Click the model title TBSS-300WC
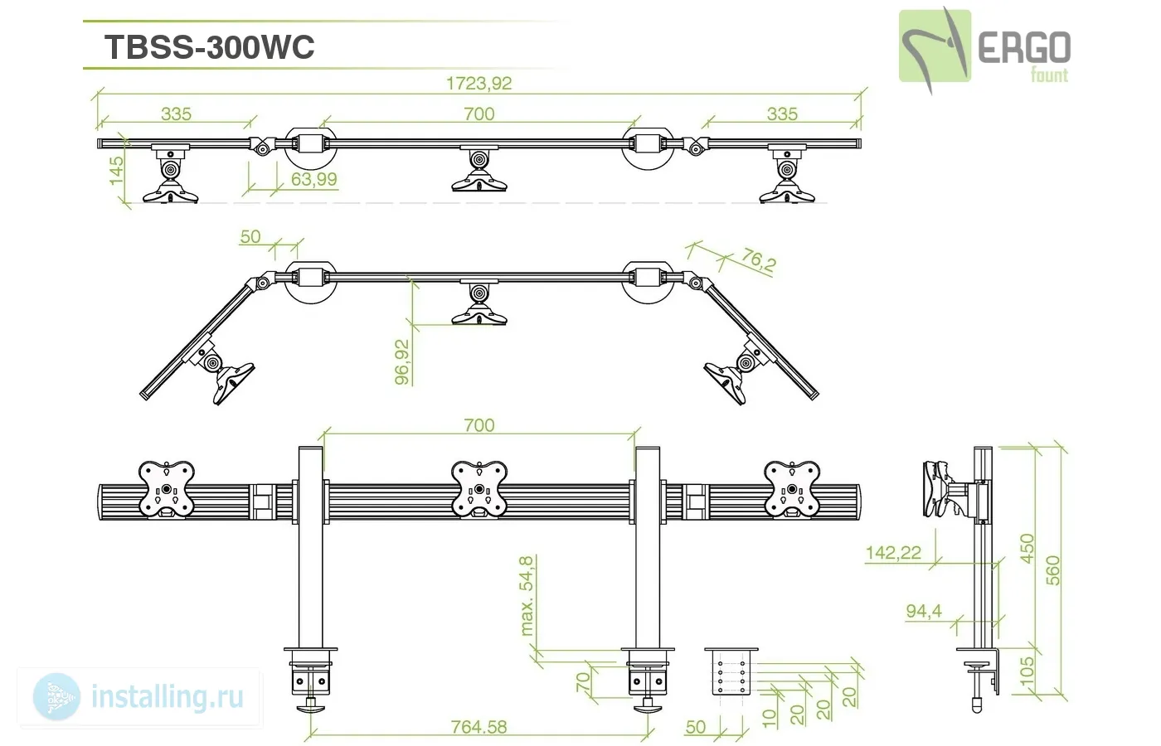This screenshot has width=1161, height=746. pyautogui.click(x=209, y=47)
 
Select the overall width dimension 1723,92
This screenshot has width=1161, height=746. pyautogui.click(x=479, y=84)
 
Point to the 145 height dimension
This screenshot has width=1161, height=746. pyautogui.click(x=117, y=170)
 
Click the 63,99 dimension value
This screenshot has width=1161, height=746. pyautogui.click(x=314, y=179)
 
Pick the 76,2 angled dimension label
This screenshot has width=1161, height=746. pyautogui.click(x=759, y=260)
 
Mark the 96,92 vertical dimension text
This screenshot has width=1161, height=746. pyautogui.click(x=402, y=362)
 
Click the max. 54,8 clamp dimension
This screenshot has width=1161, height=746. pyautogui.click(x=526, y=596)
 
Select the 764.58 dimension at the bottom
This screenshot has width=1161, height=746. pyautogui.click(x=478, y=728)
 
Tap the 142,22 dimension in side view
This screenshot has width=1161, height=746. pyautogui.click(x=894, y=553)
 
